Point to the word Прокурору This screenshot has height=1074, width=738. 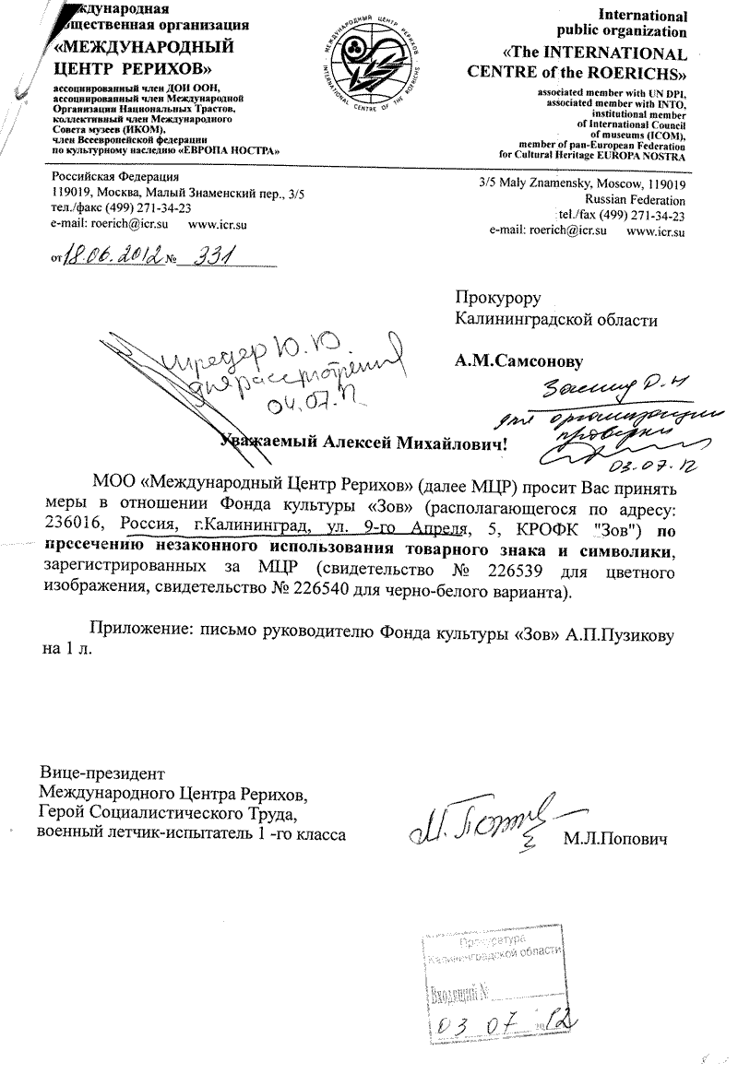click(x=497, y=298)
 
